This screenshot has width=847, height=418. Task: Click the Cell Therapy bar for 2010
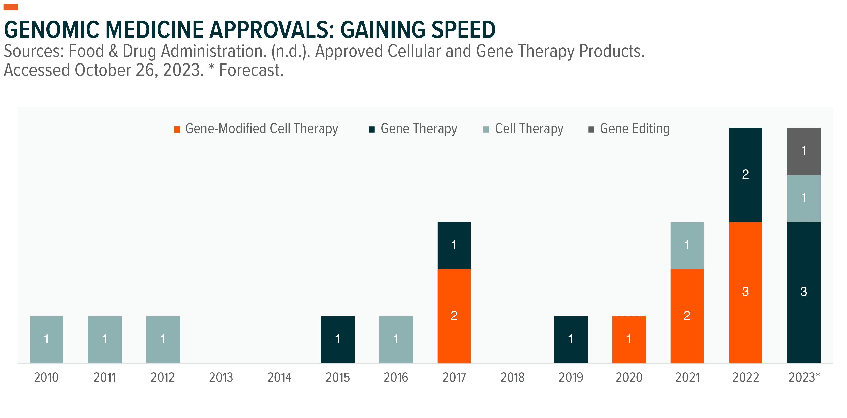point(46,340)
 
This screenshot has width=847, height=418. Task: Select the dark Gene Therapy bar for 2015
point(337,340)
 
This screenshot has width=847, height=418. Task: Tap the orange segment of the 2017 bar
point(454,316)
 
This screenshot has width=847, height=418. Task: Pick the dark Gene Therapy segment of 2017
point(454,245)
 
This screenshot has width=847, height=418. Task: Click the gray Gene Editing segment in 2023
point(803,151)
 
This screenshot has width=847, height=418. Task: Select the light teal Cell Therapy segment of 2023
point(803,198)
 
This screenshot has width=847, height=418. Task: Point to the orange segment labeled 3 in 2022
point(745,292)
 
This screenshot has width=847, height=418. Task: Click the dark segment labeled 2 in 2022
point(745,174)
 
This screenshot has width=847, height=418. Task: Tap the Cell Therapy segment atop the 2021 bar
point(687,245)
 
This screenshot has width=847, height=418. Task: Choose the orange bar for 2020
point(629,340)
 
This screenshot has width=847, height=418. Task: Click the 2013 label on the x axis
point(221,378)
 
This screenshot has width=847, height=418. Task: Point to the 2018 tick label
point(512,378)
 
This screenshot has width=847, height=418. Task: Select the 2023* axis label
point(804,378)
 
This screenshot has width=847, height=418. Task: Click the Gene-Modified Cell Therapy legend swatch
point(177,130)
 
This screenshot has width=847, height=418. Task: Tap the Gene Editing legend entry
point(634,129)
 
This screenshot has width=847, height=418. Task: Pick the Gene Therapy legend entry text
point(419,129)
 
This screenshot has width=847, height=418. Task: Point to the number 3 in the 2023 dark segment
point(803,292)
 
